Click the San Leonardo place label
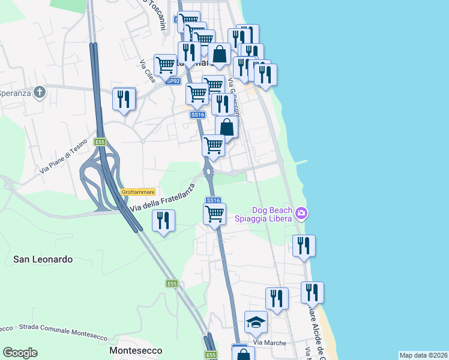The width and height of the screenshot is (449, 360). click(x=43, y=259)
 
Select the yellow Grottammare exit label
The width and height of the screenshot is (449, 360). click(x=138, y=192)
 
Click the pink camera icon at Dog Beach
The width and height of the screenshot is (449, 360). click(x=301, y=214)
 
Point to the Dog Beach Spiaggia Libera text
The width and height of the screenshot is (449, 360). click(x=272, y=214)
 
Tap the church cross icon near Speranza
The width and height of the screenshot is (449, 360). click(x=40, y=92)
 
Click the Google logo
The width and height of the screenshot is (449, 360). click(x=20, y=353)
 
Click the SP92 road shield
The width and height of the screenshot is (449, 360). click(x=172, y=81)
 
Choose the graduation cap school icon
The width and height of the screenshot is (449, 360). click(x=256, y=323)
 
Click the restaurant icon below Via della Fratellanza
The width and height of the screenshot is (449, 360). click(x=163, y=221)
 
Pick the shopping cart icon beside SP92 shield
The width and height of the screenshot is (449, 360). click(x=165, y=65)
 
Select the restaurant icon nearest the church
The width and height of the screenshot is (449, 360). click(x=124, y=99)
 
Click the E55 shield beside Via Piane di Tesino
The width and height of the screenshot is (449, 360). click(x=99, y=142)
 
